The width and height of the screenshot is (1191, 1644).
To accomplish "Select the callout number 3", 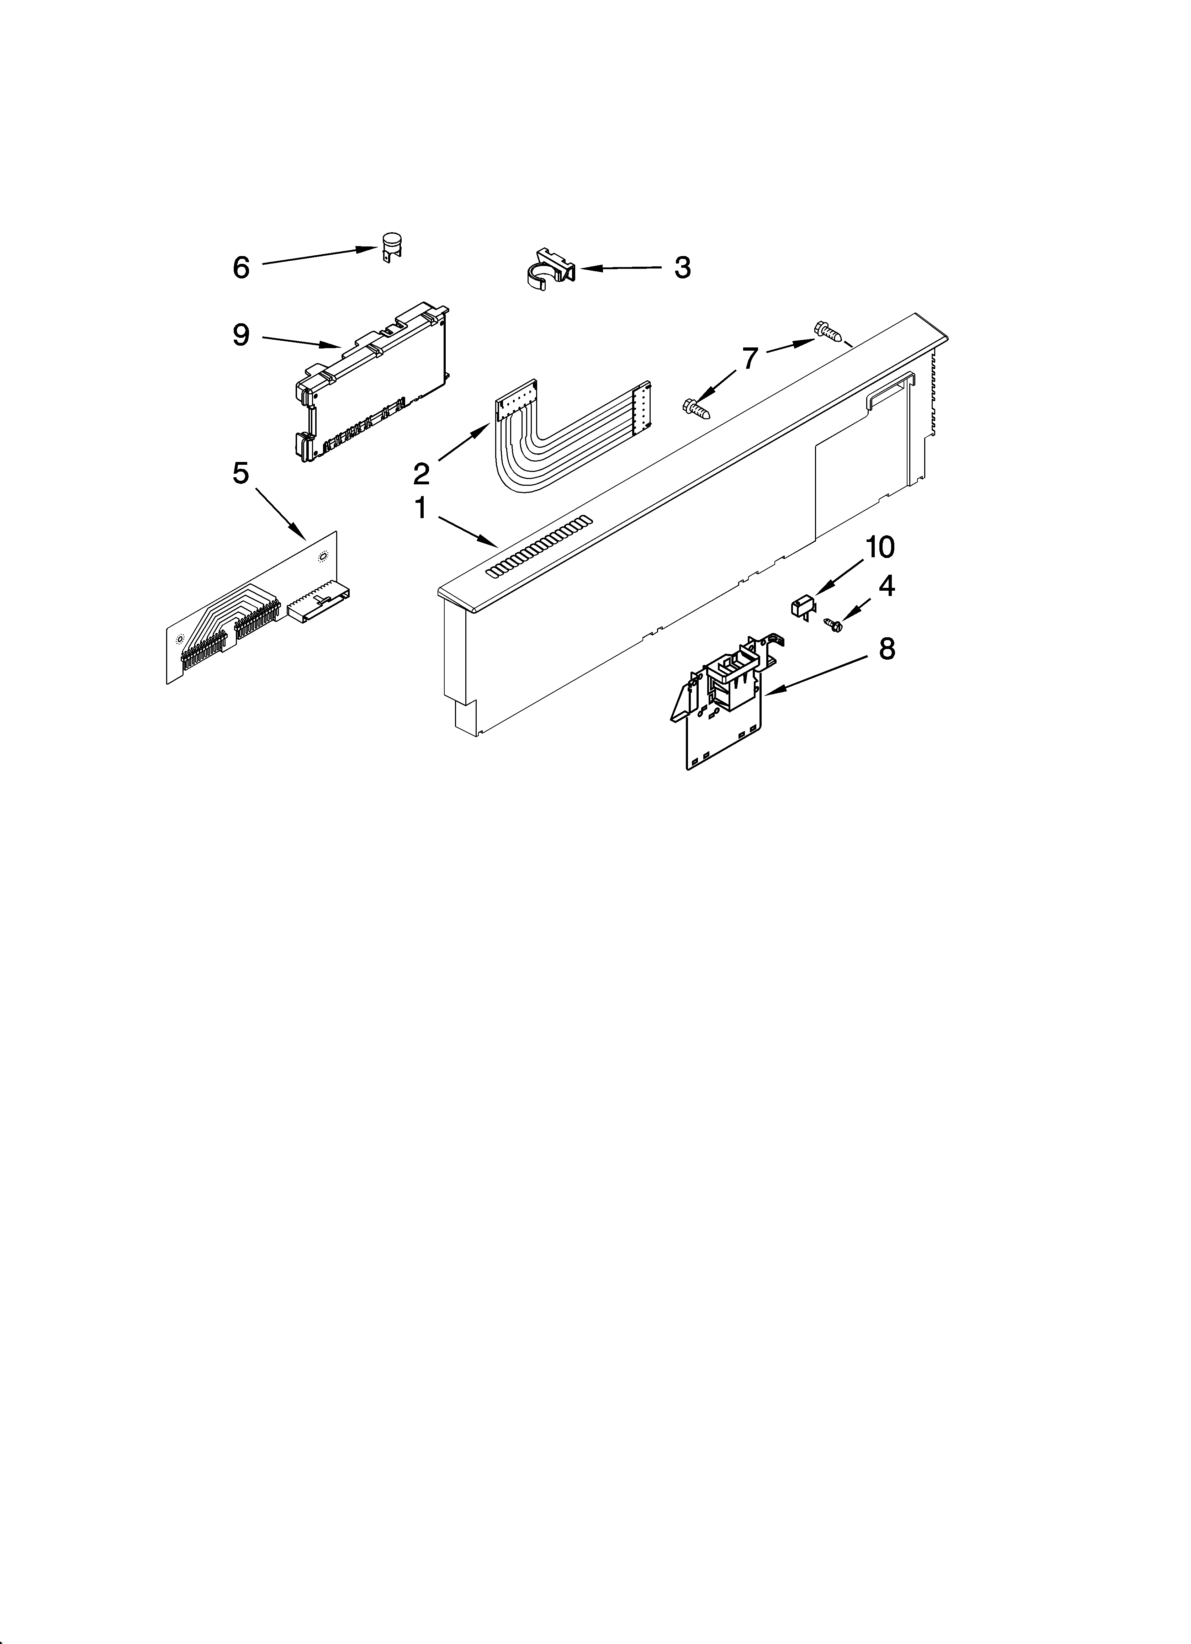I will click(682, 267).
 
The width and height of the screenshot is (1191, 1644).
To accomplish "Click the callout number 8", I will click(886, 649).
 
